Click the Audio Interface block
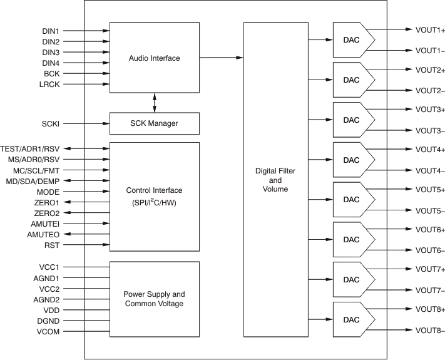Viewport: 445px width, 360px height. point(154,58)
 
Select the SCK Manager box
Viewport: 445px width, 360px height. point(154,123)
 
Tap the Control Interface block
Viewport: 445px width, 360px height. point(154,196)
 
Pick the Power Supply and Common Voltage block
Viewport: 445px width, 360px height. point(154,299)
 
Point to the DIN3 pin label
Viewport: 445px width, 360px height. point(51,52)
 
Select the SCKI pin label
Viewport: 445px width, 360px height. point(50,124)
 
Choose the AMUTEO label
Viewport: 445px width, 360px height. point(43,234)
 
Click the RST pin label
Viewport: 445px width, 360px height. point(52,245)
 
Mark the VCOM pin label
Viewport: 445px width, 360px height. point(48,331)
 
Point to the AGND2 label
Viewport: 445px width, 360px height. point(46,299)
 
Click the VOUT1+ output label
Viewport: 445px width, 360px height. point(430,29)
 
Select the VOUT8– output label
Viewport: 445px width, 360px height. point(430,331)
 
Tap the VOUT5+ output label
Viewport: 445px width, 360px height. point(430,189)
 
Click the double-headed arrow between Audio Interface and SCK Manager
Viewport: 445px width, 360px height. point(154,103)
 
